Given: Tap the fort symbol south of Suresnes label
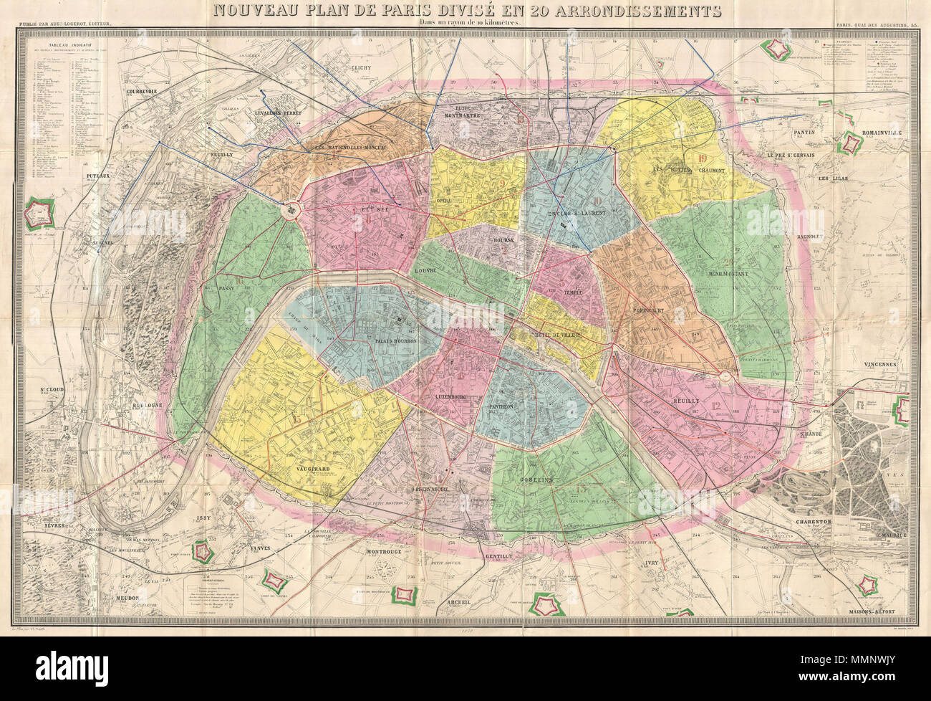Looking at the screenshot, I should (36, 213).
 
